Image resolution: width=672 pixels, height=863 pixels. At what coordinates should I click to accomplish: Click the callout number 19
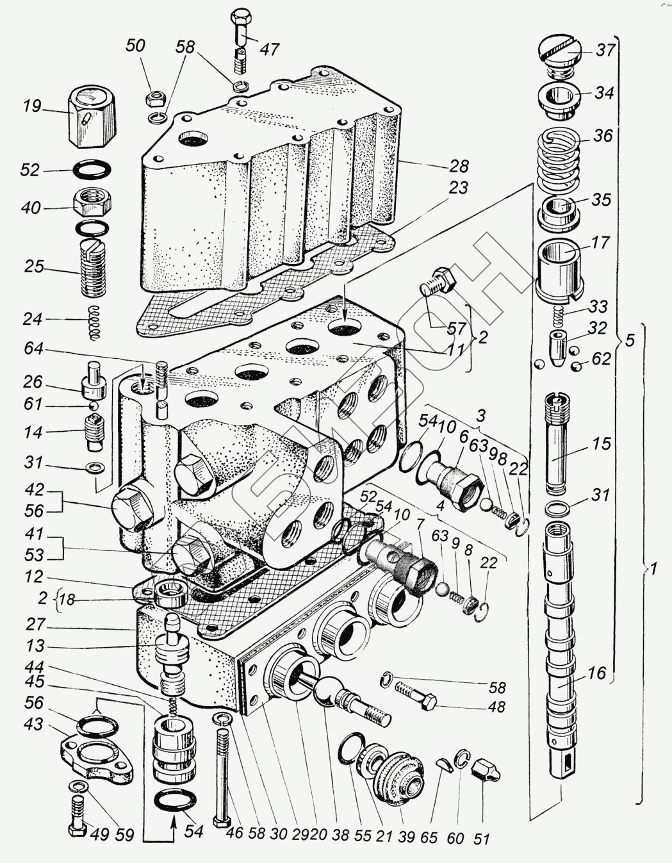(32, 106)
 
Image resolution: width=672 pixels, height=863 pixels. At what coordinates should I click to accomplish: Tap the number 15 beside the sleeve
(602, 443)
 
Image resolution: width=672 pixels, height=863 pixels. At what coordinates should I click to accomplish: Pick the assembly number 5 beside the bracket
(630, 340)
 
